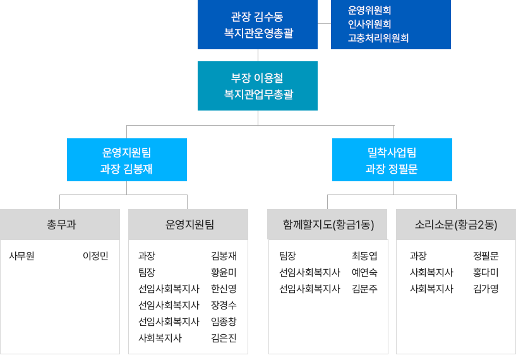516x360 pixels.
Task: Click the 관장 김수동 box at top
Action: click(257, 25)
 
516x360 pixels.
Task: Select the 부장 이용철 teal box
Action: click(257, 86)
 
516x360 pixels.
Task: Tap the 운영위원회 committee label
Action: click(369, 10)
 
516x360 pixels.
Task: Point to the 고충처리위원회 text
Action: click(378, 38)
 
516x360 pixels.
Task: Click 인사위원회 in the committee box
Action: click(369, 24)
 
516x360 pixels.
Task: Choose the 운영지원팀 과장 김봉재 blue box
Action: click(126, 160)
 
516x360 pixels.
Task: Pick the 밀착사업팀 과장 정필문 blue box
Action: click(392, 160)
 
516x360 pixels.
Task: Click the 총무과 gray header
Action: click(61, 224)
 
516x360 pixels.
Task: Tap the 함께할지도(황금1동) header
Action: click(328, 224)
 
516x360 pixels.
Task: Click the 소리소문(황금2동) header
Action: click(456, 224)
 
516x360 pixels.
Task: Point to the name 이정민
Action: click(95, 256)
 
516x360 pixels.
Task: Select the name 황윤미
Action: click(224, 273)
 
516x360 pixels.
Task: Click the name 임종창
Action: click(224, 321)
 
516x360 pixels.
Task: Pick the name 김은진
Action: click(224, 338)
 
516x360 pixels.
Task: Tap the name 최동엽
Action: click(364, 256)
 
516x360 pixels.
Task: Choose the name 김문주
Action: click(364, 289)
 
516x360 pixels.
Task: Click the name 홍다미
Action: click(486, 273)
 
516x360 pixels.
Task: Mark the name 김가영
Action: click(486, 289)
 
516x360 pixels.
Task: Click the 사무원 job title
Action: click(21, 256)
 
